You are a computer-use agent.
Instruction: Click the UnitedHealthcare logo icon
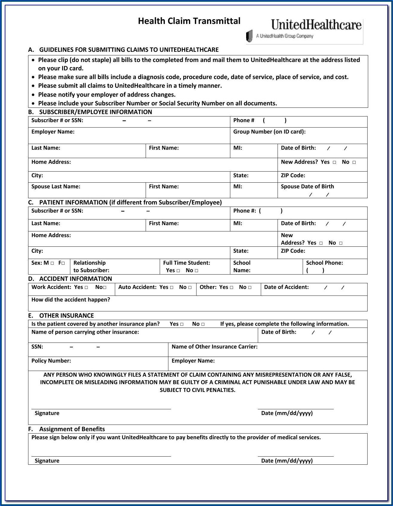click(x=249, y=36)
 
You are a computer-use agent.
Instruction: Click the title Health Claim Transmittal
click(x=189, y=21)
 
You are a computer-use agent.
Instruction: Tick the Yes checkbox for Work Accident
click(x=86, y=287)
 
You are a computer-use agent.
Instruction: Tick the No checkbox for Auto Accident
click(x=190, y=287)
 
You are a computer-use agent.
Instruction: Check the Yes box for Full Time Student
click(x=178, y=271)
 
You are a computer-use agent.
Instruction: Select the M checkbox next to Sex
click(x=52, y=263)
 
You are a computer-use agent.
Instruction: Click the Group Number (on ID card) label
click(x=269, y=132)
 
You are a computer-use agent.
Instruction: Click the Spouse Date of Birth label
click(x=307, y=187)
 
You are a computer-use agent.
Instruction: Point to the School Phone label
click(x=324, y=263)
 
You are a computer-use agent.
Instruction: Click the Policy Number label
click(x=51, y=361)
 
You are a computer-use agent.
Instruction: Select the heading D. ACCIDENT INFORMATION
click(x=70, y=279)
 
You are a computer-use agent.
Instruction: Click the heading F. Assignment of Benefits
click(x=66, y=429)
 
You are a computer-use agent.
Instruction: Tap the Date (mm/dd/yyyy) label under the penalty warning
click(x=287, y=413)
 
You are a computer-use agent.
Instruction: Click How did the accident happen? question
click(x=71, y=300)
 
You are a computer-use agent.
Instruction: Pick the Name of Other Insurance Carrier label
click(x=214, y=347)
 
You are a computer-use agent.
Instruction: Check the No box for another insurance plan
click(x=203, y=324)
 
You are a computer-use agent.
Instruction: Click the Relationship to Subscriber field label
click(x=91, y=266)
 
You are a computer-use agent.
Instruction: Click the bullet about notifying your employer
click(x=106, y=95)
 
